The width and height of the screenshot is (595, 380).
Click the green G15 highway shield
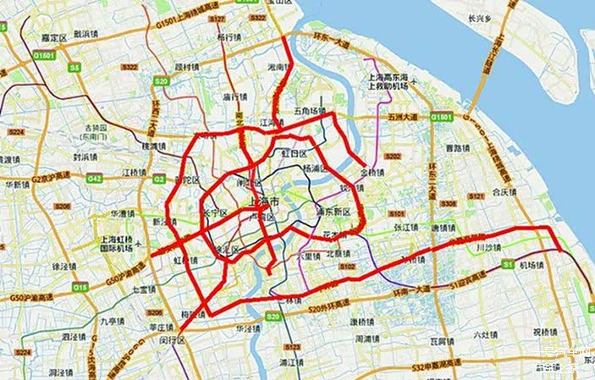[x=80, y=288]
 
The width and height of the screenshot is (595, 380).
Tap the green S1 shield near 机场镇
[x=508, y=265]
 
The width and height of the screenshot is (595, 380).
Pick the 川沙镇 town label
[x=489, y=248]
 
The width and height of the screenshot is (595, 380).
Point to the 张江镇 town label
[x=405, y=227]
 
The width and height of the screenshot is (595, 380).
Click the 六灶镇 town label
[x=484, y=334]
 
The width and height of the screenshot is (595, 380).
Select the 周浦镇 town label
[x=366, y=339]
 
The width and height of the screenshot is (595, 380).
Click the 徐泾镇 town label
[x=63, y=267]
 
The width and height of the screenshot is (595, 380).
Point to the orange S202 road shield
[x=392, y=157]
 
